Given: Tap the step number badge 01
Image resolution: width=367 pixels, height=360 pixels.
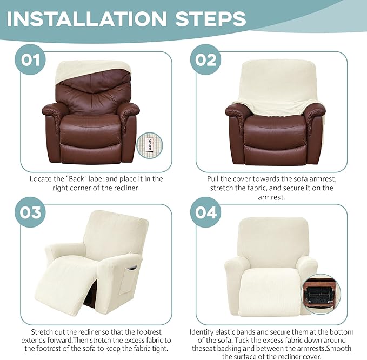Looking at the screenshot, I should click(x=31, y=59).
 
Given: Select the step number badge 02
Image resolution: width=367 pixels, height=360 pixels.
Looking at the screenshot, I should click(x=206, y=59).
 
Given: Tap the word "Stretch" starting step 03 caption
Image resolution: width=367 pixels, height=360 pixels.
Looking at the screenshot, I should click(x=42, y=331).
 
